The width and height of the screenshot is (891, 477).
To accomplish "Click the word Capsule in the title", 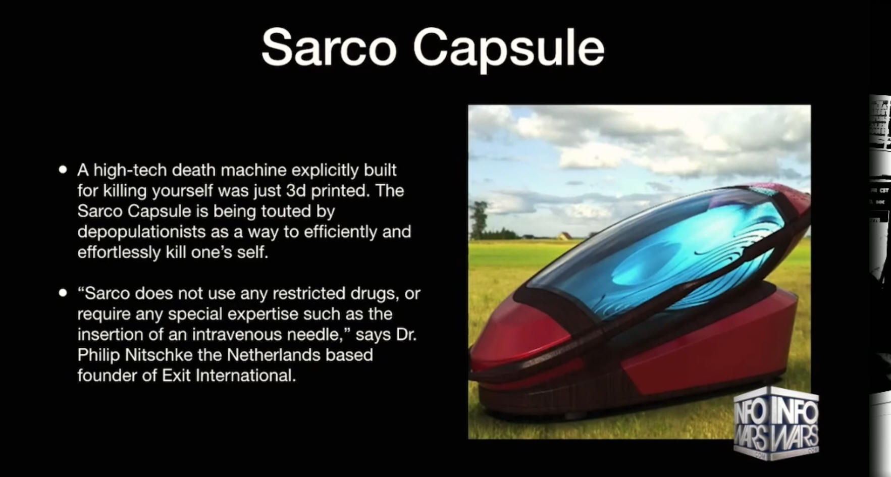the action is [x=508, y=49].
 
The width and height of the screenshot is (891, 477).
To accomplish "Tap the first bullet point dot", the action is [x=63, y=170].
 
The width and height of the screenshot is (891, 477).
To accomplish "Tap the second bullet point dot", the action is [x=63, y=293].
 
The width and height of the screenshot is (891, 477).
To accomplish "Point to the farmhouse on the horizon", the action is [x=564, y=236].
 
